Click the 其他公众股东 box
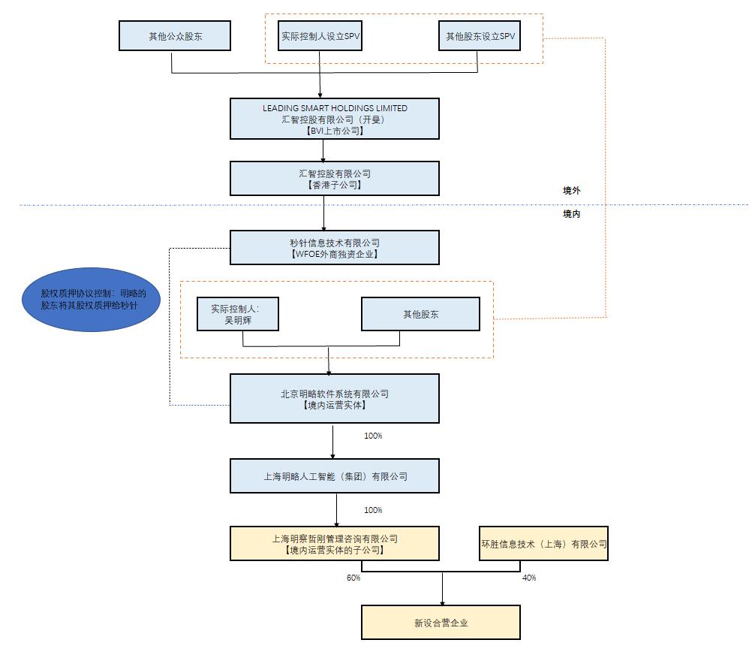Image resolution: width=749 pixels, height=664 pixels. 175,36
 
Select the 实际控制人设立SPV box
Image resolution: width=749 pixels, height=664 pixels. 320,36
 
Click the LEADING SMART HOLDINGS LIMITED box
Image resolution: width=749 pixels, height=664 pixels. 335,119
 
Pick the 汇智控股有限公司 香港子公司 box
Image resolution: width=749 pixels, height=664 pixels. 335,179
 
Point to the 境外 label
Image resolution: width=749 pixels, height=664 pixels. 572,191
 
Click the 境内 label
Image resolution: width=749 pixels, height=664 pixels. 572,214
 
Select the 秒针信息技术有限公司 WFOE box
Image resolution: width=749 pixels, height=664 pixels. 335,248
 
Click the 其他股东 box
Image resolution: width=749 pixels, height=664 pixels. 420,314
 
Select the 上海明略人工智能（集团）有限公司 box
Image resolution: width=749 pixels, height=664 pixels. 335,476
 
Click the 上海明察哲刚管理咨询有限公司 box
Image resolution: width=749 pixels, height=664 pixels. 335,544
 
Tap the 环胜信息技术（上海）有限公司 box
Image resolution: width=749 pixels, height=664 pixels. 543,544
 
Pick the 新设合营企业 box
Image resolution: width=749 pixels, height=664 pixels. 441,623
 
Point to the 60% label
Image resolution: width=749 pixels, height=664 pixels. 353,578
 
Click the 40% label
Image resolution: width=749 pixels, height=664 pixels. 528,578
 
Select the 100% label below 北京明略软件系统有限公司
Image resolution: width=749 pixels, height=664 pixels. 373,436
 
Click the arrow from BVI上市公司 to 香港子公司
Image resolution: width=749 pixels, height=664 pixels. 323,150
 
